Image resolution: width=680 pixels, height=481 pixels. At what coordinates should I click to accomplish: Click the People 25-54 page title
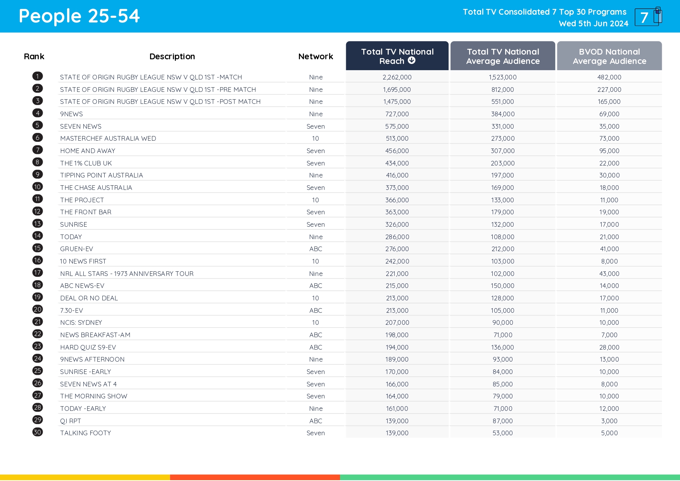(x=79, y=16)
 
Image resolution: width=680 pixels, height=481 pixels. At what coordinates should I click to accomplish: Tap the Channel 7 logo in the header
(x=648, y=17)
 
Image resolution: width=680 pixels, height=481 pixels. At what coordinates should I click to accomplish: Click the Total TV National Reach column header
(x=397, y=56)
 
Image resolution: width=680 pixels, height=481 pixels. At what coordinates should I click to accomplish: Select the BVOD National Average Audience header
(x=609, y=56)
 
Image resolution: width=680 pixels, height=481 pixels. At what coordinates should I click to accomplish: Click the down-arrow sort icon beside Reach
(x=412, y=60)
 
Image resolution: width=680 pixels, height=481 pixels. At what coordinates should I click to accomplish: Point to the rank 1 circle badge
(x=38, y=76)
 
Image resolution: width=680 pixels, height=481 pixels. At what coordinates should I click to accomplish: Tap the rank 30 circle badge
(x=38, y=432)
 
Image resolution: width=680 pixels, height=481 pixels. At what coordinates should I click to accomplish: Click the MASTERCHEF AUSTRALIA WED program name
(x=108, y=138)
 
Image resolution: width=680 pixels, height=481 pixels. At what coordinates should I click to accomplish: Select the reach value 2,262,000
(x=397, y=77)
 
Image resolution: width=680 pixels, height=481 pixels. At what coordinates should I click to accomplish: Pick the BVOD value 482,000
(x=609, y=77)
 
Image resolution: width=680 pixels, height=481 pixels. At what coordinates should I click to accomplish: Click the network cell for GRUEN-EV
(x=316, y=249)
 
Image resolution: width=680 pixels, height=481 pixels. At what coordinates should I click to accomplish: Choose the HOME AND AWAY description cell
(x=88, y=151)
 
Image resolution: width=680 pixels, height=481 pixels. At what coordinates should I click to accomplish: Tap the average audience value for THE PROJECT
(x=502, y=200)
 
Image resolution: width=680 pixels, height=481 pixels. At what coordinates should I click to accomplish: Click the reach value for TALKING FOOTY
(x=397, y=433)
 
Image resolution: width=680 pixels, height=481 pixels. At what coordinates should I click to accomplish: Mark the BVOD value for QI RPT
(x=609, y=421)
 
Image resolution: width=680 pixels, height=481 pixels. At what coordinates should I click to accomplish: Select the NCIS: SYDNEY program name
(x=81, y=322)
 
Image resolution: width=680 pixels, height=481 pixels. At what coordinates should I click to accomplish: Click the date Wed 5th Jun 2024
(x=593, y=24)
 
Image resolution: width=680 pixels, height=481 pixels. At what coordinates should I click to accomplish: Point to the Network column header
(x=316, y=57)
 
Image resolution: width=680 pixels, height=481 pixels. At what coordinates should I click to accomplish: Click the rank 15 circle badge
(x=38, y=248)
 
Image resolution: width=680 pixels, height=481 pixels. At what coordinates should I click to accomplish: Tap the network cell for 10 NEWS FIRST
(x=316, y=261)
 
